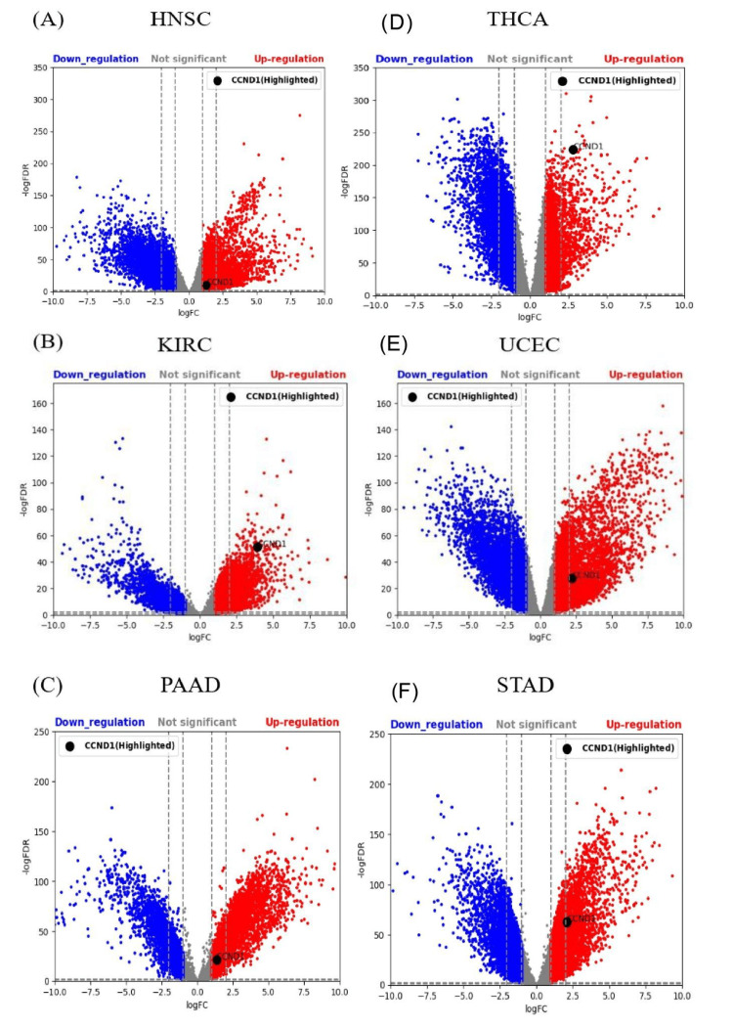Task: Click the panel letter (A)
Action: (x=24, y=20)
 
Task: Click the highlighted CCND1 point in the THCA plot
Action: (x=574, y=150)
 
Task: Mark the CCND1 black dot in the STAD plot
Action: (x=567, y=921)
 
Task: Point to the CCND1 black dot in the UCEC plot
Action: (x=573, y=578)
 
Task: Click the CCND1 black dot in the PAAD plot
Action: (x=217, y=960)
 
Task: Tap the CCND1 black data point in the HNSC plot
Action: (x=206, y=285)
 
